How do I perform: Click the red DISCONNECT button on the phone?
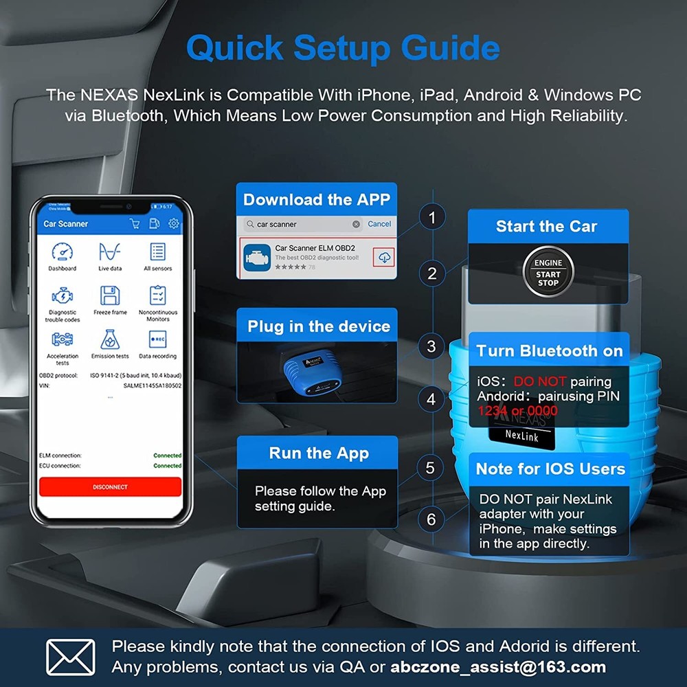pyautogui.click(x=110, y=486)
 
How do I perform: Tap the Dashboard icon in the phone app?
pyautogui.click(x=62, y=252)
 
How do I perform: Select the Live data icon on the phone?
pyautogui.click(x=110, y=252)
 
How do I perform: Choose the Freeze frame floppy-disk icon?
pyautogui.click(x=110, y=295)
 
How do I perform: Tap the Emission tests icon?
pyautogui.click(x=110, y=339)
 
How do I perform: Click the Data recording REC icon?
pyautogui.click(x=157, y=339)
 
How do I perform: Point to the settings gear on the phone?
pyautogui.click(x=174, y=223)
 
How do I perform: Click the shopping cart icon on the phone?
pyautogui.click(x=135, y=223)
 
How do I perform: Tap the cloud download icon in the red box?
pyautogui.click(x=384, y=257)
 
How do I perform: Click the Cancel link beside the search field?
pyautogui.click(x=379, y=224)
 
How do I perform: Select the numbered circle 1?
pyautogui.click(x=431, y=218)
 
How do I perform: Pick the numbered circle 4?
pyautogui.click(x=431, y=398)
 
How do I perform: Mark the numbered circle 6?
pyautogui.click(x=431, y=519)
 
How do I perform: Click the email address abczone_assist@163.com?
pyautogui.click(x=499, y=666)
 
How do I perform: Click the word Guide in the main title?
pyautogui.click(x=451, y=48)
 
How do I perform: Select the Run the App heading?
pyautogui.click(x=319, y=453)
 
